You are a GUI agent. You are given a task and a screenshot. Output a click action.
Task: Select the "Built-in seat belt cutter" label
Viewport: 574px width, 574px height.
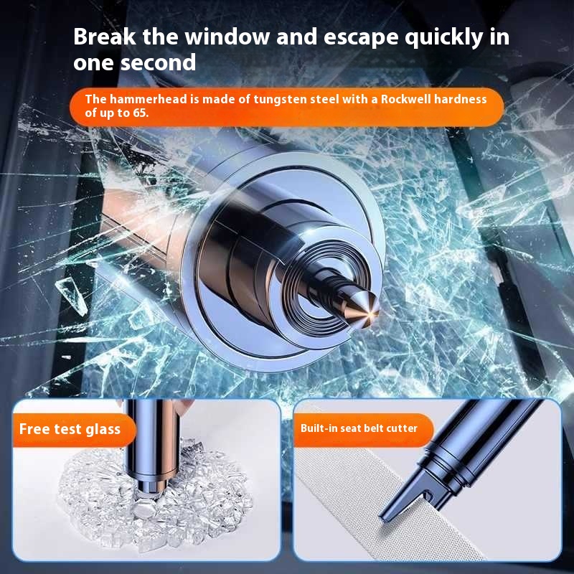coord(359,428)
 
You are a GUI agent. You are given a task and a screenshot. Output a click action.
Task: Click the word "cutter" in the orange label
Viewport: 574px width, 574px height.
coord(402,428)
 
